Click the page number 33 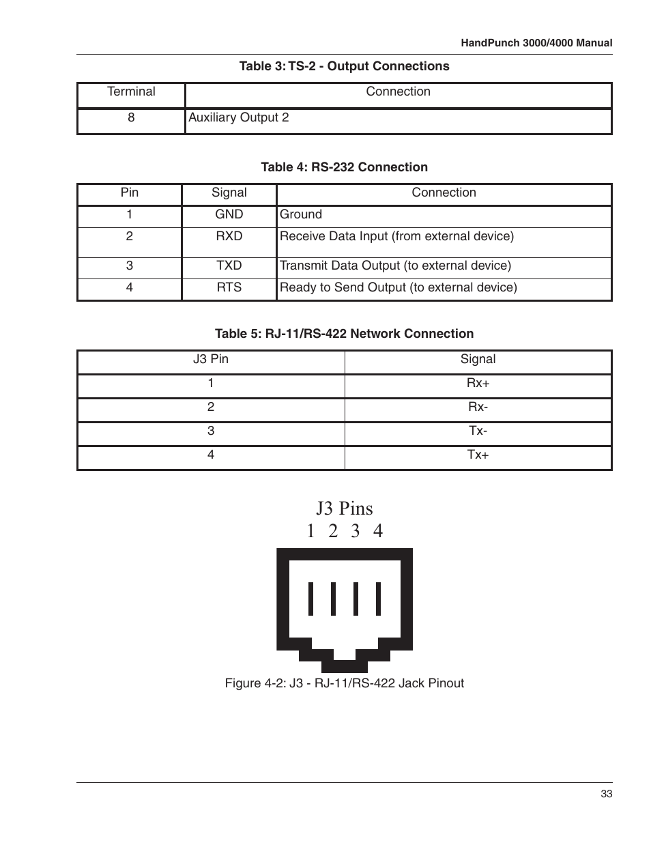coord(607,794)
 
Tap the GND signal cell coord(229,214)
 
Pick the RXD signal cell coord(229,236)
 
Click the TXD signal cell coord(229,266)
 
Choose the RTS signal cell coord(229,287)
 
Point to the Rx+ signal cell coord(478,383)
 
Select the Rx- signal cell coord(478,407)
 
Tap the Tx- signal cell coord(478,431)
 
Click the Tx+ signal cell coord(478,455)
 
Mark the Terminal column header coord(131,91)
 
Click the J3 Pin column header coord(210,359)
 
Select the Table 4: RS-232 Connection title coord(344,167)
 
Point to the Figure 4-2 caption coord(344,683)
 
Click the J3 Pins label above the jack coord(344,509)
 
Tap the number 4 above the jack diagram coord(378,531)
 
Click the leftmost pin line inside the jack coord(311,599)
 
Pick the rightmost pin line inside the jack coord(378,599)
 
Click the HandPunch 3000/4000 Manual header coord(536,42)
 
